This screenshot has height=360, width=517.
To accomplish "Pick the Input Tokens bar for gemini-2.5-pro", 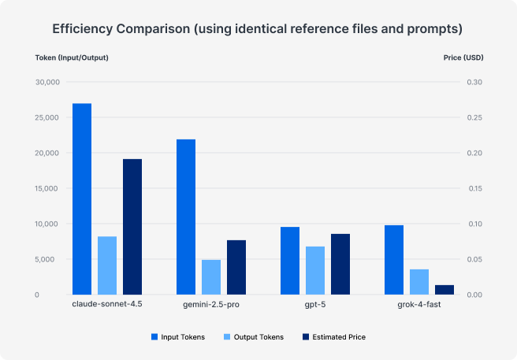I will click(186, 217).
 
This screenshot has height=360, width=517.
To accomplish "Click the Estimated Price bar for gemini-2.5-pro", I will click(236, 267).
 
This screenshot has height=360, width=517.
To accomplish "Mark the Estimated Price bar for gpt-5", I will click(340, 264).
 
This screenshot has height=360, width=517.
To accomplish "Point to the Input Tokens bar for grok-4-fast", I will click(394, 260).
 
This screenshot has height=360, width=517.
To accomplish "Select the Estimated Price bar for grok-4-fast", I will click(444, 290).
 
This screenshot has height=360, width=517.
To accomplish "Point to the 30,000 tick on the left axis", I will click(47, 83).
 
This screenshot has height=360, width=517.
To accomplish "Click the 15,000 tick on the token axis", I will click(47, 188).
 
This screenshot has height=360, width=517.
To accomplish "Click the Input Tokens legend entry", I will click(178, 337).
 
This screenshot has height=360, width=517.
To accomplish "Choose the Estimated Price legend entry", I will click(334, 337).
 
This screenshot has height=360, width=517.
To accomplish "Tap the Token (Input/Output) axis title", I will click(72, 58).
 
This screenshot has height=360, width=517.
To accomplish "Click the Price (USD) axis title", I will click(463, 58).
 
